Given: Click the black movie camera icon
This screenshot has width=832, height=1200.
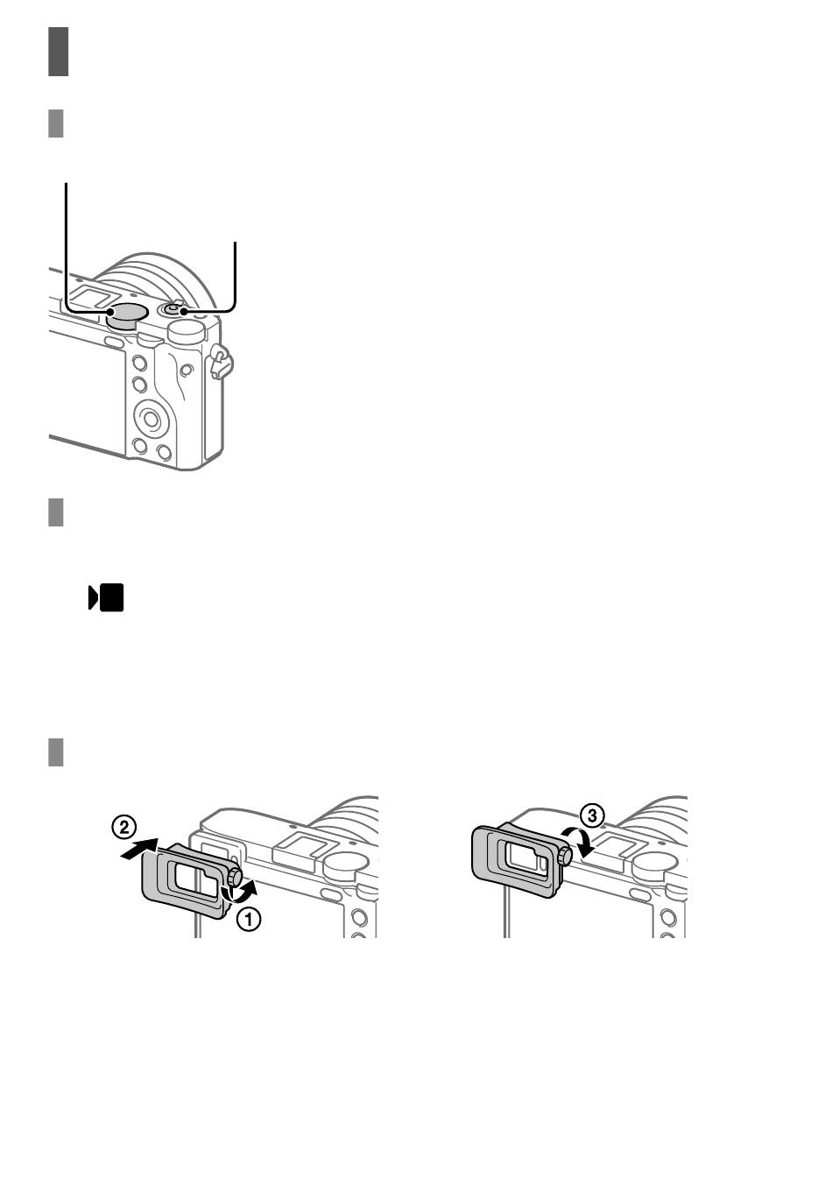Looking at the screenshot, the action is (106, 597).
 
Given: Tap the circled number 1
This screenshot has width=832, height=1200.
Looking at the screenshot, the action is (249, 920).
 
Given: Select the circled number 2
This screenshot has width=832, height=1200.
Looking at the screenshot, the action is (123, 827).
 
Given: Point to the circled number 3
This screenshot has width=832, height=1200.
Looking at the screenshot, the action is (592, 815).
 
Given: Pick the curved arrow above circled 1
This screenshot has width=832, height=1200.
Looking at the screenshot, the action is (240, 891).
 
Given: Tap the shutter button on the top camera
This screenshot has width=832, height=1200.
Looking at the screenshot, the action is (173, 309).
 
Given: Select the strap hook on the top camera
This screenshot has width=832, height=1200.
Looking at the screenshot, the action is (221, 362).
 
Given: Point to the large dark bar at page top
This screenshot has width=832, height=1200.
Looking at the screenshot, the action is (59, 52).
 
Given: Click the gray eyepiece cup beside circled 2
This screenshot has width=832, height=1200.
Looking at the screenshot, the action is (185, 879).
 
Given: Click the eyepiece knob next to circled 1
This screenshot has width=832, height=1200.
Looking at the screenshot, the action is (235, 878).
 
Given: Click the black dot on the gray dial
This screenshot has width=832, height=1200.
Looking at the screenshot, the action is (110, 312).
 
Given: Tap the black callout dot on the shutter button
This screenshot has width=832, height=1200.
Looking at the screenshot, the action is (183, 311).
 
